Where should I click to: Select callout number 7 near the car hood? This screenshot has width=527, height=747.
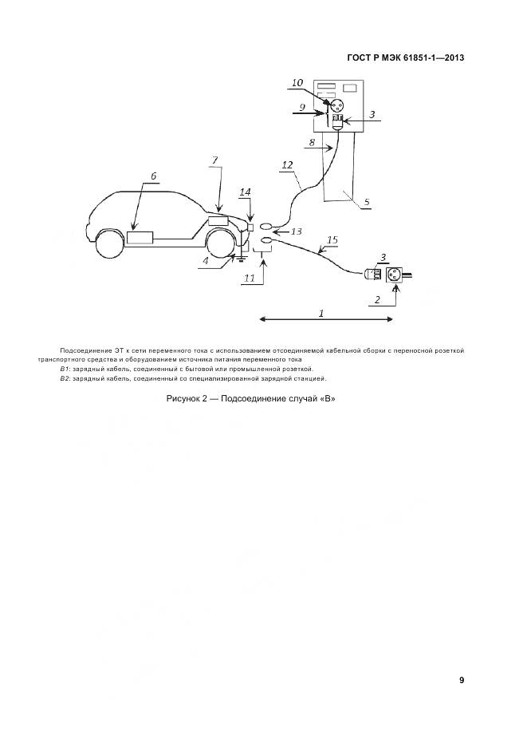click(x=214, y=160)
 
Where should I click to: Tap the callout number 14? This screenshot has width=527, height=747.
click(x=245, y=192)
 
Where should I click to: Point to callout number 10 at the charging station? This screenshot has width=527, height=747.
click(x=297, y=82)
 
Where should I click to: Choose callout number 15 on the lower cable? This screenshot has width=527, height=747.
click(x=332, y=239)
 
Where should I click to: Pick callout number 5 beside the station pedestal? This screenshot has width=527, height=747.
click(x=366, y=202)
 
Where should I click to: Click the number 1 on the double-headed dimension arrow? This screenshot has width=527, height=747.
click(x=322, y=314)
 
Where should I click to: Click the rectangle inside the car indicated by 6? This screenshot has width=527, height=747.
click(x=140, y=237)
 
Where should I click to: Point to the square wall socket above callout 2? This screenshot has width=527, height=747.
click(x=393, y=275)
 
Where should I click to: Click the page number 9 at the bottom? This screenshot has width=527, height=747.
click(x=462, y=680)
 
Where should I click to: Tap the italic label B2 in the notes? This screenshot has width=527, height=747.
click(x=65, y=379)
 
